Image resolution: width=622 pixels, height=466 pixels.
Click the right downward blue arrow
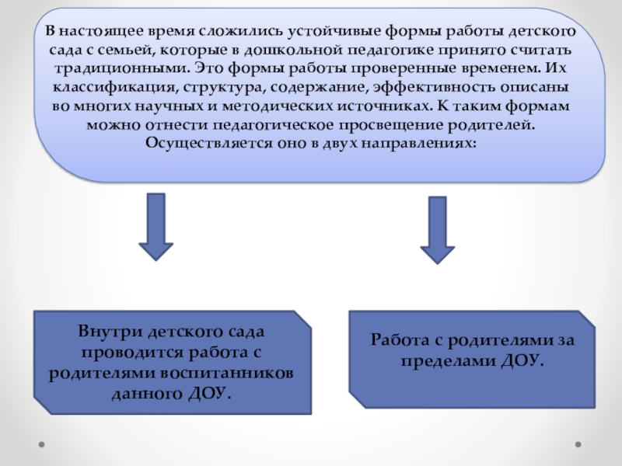click(x=437, y=230)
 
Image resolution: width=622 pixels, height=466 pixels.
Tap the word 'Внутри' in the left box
click(x=105, y=332)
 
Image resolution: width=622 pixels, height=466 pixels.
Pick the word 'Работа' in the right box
click(x=396, y=340)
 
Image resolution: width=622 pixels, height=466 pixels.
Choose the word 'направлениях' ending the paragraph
click(x=423, y=142)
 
